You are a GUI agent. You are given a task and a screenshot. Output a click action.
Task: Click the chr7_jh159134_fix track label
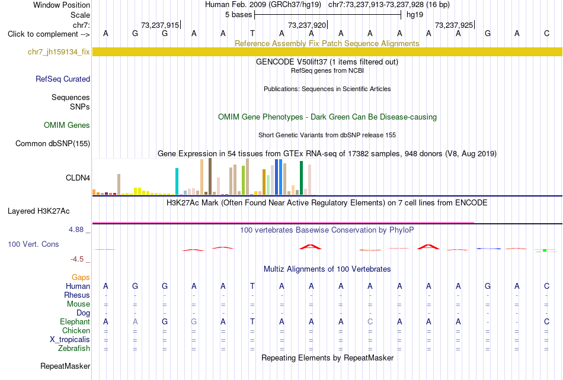pos(59,52)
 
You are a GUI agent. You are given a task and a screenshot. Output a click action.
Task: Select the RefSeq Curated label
pos(63,79)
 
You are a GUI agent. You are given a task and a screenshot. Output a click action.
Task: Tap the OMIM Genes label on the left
pos(67,125)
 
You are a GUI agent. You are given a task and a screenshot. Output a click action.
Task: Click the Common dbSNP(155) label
pos(53,143)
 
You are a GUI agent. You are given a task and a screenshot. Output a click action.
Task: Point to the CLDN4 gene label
pos(78,178)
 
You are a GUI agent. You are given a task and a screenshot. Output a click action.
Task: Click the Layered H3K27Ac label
pos(39,211)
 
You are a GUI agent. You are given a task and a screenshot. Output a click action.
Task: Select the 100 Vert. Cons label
pos(33,244)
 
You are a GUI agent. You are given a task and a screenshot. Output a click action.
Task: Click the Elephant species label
pos(75,321)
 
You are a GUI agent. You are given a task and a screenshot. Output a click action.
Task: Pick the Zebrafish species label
pos(74,348)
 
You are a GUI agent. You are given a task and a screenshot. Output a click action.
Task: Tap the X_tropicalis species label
pos(70,340)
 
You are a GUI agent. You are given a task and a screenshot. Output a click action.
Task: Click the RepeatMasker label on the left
pos(65,366)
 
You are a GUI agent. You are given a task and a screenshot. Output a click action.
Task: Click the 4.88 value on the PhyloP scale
pos(76,230)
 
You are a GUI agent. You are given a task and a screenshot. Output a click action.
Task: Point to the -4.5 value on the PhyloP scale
pos(77,259)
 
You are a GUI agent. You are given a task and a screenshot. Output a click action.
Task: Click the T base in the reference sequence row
pos(252,34)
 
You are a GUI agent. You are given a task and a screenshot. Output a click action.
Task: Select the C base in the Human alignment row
pos(546,286)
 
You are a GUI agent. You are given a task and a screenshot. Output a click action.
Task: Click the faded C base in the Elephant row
pos(370,321)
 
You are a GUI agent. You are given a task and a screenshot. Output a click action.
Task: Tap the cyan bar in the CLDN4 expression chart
pos(177,181)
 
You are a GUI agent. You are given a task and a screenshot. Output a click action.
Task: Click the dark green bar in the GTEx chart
pos(301,178)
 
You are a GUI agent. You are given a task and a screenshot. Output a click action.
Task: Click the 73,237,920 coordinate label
pos(307,25)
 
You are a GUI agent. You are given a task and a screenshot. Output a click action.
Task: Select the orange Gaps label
pos(81,277)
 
